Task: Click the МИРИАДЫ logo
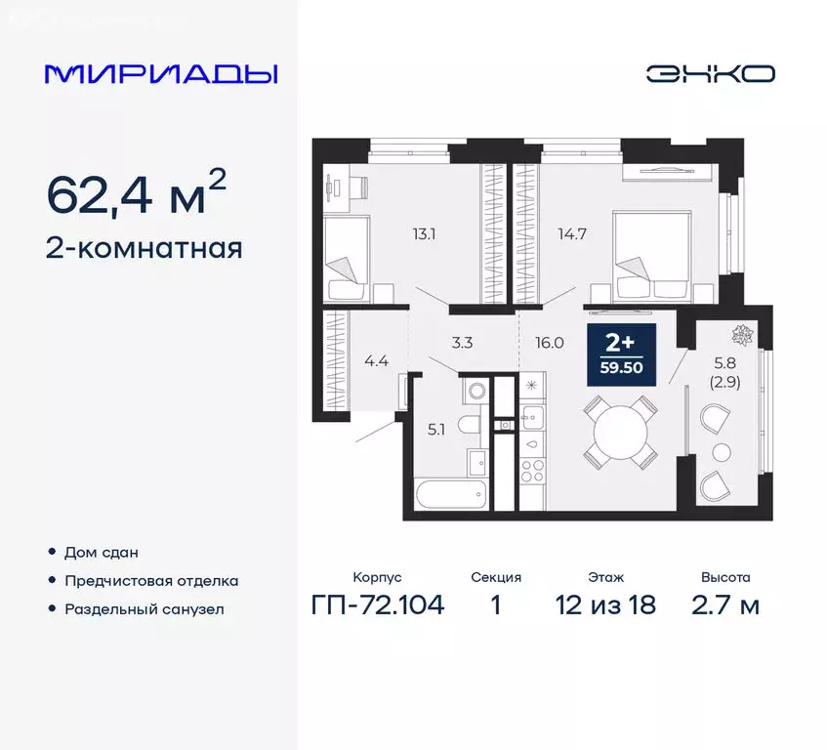[x=162, y=74]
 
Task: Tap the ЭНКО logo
[x=710, y=73]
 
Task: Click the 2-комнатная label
[x=145, y=248]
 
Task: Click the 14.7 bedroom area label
[x=574, y=232]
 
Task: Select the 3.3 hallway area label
[x=464, y=342]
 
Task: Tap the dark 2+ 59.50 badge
[x=621, y=354]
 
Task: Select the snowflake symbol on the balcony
[x=743, y=334]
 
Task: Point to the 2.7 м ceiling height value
[x=724, y=604]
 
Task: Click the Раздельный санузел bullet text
[x=145, y=608]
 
